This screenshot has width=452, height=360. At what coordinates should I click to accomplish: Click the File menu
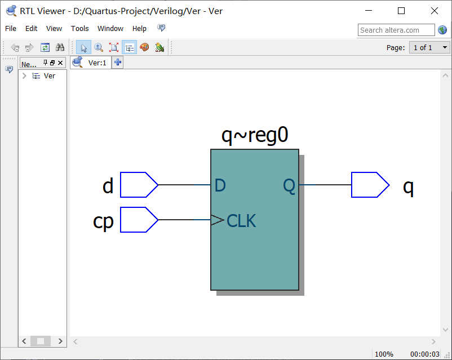(11, 29)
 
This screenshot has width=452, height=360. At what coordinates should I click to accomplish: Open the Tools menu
(79, 29)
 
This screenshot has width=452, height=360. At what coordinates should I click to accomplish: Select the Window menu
(110, 29)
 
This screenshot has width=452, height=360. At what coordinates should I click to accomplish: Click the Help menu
(139, 29)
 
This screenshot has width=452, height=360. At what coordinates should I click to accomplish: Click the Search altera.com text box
(396, 30)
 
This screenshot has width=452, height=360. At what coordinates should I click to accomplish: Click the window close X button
(434, 11)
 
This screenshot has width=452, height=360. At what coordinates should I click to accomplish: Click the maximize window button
(401, 11)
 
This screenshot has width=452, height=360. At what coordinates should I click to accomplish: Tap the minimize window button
(369, 11)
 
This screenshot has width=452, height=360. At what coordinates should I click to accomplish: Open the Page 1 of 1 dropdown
(429, 48)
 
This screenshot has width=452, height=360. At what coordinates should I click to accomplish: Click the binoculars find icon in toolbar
(60, 48)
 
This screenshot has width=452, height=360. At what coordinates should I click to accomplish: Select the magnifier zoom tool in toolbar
(99, 48)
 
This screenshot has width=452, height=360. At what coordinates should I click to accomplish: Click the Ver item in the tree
(50, 76)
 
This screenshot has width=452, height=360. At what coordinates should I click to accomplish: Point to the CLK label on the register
(241, 221)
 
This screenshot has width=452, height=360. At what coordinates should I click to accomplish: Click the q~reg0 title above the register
(255, 136)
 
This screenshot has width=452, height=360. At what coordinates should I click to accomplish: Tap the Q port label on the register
(289, 186)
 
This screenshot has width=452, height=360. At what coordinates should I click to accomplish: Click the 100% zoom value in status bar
(384, 354)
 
